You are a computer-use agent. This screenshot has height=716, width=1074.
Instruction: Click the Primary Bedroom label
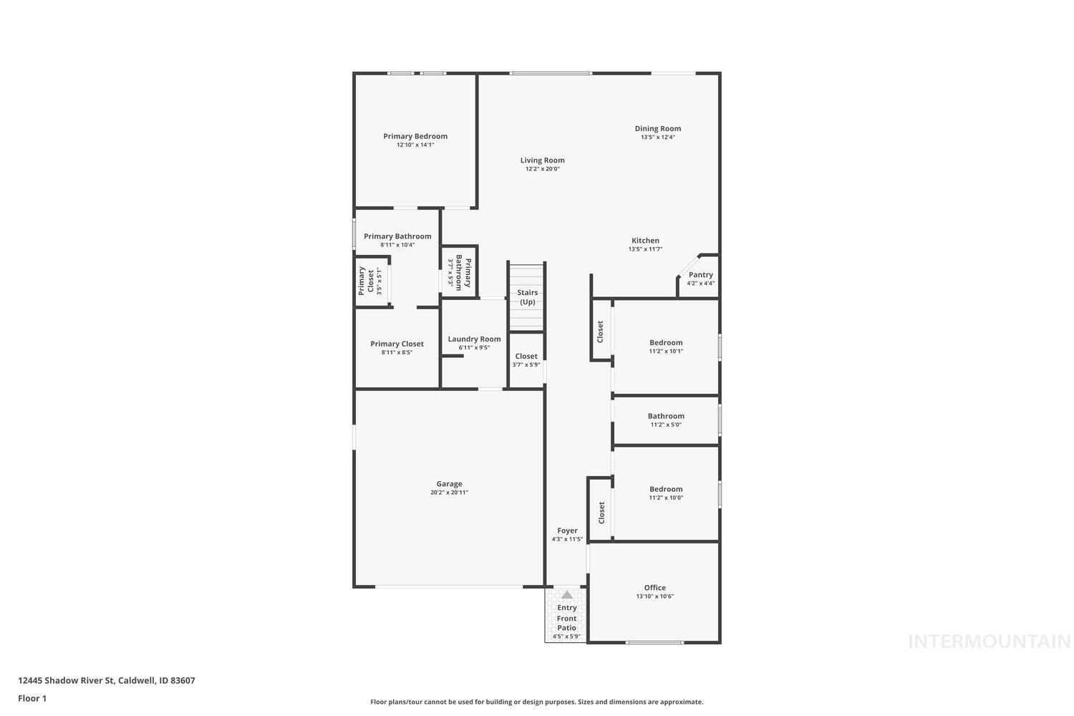click(415, 136)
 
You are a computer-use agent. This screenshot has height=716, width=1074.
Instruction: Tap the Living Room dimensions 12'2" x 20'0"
click(542, 169)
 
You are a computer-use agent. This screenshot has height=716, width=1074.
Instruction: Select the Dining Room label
click(657, 129)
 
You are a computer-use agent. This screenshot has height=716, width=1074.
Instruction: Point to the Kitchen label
click(645, 241)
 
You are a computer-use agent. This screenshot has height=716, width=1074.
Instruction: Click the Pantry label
click(700, 275)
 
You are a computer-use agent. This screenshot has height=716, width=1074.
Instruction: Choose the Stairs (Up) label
click(527, 297)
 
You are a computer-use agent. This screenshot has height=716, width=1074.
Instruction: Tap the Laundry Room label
click(474, 339)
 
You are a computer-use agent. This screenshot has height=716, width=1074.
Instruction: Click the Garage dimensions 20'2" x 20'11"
click(449, 493)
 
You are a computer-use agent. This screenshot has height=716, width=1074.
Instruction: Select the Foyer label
click(567, 531)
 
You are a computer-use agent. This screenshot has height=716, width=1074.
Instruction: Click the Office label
click(654, 588)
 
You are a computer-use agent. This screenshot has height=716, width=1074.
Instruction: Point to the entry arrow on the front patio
click(567, 595)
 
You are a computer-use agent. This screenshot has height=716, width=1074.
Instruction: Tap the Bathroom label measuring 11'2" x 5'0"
click(666, 416)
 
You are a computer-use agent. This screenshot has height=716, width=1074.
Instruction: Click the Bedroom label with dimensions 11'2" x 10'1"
click(666, 342)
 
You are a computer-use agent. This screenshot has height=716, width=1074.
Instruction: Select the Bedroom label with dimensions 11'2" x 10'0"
click(666, 489)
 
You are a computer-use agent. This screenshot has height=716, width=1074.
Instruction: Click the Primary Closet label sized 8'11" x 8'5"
click(397, 344)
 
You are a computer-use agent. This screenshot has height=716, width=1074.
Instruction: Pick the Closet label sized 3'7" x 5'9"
click(526, 356)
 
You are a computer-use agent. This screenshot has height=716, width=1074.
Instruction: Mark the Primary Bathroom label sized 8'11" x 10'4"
click(397, 236)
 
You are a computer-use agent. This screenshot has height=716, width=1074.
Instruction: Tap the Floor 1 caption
click(32, 698)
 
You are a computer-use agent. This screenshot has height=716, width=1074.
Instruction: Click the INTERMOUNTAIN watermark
click(989, 642)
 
